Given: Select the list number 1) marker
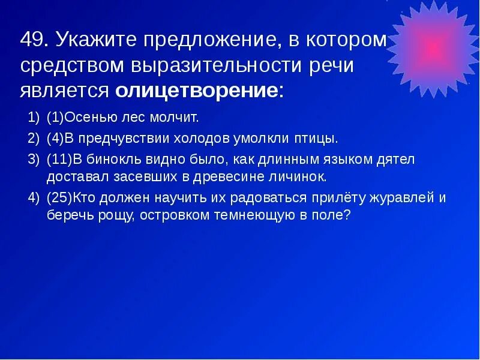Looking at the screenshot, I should [34, 116].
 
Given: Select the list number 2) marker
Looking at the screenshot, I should [34, 139].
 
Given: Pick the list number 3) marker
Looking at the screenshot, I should [34, 160].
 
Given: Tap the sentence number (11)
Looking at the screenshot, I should [59, 160].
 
